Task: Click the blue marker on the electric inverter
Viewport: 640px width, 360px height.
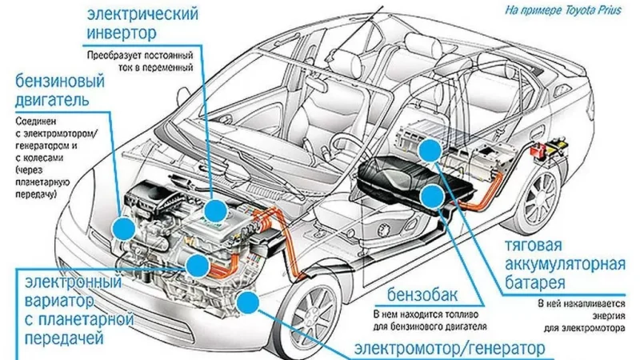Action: [214, 210]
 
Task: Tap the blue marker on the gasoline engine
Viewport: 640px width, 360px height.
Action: [123, 229]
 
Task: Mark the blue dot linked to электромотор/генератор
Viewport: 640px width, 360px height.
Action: [249, 302]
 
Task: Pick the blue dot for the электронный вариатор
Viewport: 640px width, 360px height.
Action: [194, 265]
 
